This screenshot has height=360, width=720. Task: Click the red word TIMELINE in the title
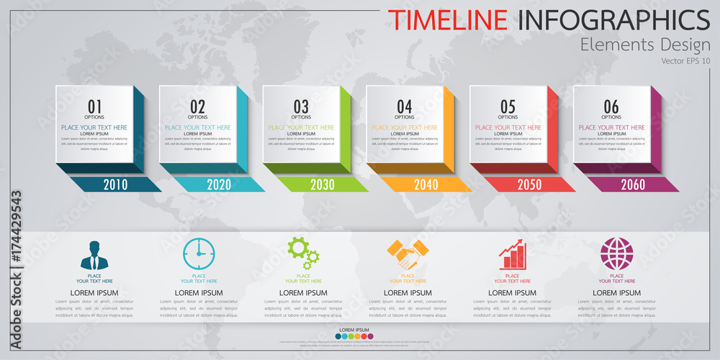click(447, 19)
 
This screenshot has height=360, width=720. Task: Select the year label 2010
click(115, 184)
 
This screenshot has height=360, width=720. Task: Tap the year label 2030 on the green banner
click(323, 184)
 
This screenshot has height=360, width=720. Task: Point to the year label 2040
click(426, 184)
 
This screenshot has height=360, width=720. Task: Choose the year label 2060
click(633, 184)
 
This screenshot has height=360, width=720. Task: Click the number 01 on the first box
click(94, 107)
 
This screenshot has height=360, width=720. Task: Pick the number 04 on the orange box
click(405, 107)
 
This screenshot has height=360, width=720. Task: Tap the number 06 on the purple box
click(611, 107)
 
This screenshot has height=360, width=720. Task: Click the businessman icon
click(94, 255)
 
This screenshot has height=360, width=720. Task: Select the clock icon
click(199, 254)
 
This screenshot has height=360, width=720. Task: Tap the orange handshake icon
click(408, 253)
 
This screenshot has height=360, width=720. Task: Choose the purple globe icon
click(616, 254)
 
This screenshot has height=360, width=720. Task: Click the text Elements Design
click(645, 45)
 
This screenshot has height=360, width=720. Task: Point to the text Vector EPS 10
click(685, 60)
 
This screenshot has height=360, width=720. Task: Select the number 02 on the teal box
click(198, 107)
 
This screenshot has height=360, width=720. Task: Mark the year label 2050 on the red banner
click(529, 184)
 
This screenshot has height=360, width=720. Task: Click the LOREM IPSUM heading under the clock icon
click(199, 293)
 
